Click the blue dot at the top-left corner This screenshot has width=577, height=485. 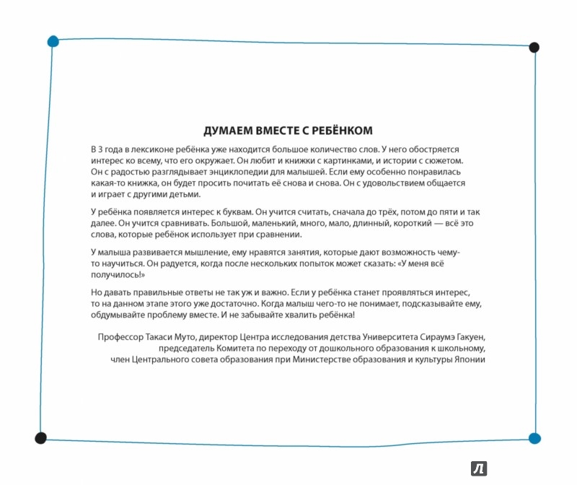(53, 41)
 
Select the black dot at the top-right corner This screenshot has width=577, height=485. (534, 48)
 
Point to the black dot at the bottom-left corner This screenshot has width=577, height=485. (41, 437)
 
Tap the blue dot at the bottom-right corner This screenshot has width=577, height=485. (534, 437)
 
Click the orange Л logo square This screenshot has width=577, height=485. (479, 468)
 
